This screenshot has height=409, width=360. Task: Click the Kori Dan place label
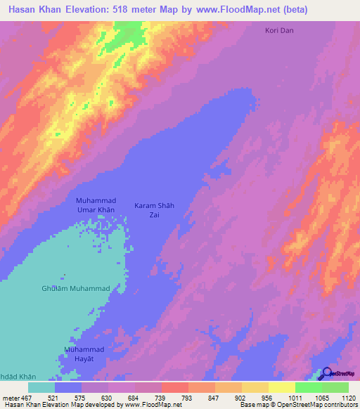tap(279, 31)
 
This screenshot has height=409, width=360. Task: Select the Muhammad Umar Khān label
tap(95, 205)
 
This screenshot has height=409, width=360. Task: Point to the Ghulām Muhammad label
tap(75, 288)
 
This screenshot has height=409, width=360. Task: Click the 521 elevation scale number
tap(55, 398)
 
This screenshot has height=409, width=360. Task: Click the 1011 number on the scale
tap(295, 398)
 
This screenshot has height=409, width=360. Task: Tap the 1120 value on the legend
tap(347, 398)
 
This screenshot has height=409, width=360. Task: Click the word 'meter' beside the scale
tap(12, 398)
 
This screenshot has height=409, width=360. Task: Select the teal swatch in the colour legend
tap(41, 387)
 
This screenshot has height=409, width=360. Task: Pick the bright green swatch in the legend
tap(309, 387)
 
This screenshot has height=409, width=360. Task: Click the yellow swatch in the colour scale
tap(282, 387)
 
